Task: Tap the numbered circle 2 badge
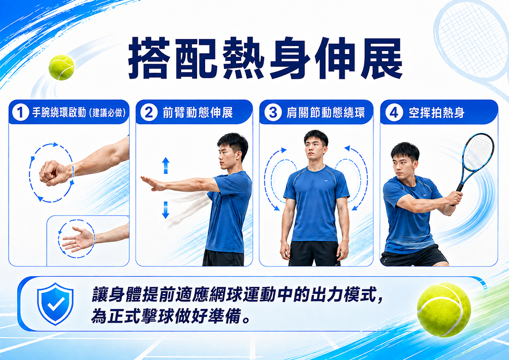point(149,112)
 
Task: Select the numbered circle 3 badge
point(273,112)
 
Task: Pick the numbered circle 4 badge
point(394,112)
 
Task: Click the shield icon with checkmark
point(55,304)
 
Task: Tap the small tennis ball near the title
point(61,67)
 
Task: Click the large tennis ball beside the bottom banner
point(444,309)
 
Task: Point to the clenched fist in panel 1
point(55,173)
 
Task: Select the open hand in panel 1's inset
point(78,239)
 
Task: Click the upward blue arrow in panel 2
point(165,165)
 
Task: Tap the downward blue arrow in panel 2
point(165,210)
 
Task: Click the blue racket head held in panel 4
point(478,152)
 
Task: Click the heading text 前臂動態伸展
point(198,113)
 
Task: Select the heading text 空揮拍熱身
point(436,113)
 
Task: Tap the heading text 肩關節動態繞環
point(325,113)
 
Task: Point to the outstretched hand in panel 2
point(153,183)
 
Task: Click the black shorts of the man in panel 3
point(314,254)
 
